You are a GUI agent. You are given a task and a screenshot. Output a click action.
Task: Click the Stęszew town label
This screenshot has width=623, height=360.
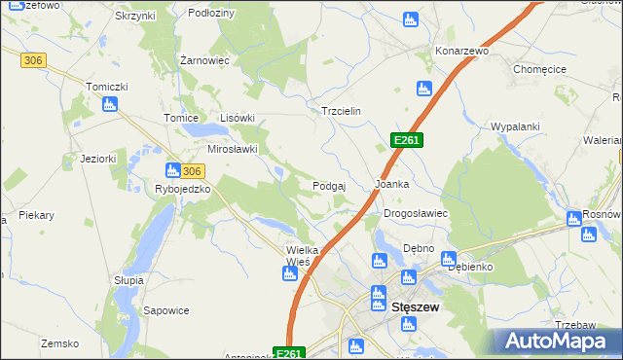point(416,306)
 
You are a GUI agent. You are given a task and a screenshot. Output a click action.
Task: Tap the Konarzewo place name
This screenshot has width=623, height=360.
point(461,50)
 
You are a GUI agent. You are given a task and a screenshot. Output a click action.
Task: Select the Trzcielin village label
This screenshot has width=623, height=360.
point(342,111)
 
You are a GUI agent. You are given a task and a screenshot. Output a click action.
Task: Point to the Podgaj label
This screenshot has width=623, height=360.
point(330,185)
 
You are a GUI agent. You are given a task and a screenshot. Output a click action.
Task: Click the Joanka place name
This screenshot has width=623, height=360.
point(392,184)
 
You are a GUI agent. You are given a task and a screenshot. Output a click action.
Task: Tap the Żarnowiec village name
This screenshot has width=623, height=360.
point(204,60)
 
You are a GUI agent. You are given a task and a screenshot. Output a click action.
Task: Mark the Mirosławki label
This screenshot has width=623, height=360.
point(233,150)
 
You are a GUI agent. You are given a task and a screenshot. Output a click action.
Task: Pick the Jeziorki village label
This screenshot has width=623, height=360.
point(98,159)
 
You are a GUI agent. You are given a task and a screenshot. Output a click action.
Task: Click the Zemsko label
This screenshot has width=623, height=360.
point(58,343)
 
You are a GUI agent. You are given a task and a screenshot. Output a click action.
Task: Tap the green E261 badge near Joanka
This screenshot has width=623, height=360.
point(406,141)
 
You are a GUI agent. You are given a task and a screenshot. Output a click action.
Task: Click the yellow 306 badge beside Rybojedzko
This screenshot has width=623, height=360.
point(192,170)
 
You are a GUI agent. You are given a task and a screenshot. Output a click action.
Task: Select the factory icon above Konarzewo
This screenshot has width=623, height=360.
point(411,19)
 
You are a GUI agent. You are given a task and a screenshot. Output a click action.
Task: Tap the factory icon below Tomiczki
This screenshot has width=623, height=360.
point(110,104)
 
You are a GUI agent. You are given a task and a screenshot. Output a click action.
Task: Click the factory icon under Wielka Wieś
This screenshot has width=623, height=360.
point(289,273)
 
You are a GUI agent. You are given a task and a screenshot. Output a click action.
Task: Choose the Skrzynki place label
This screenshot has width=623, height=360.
point(134,17)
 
